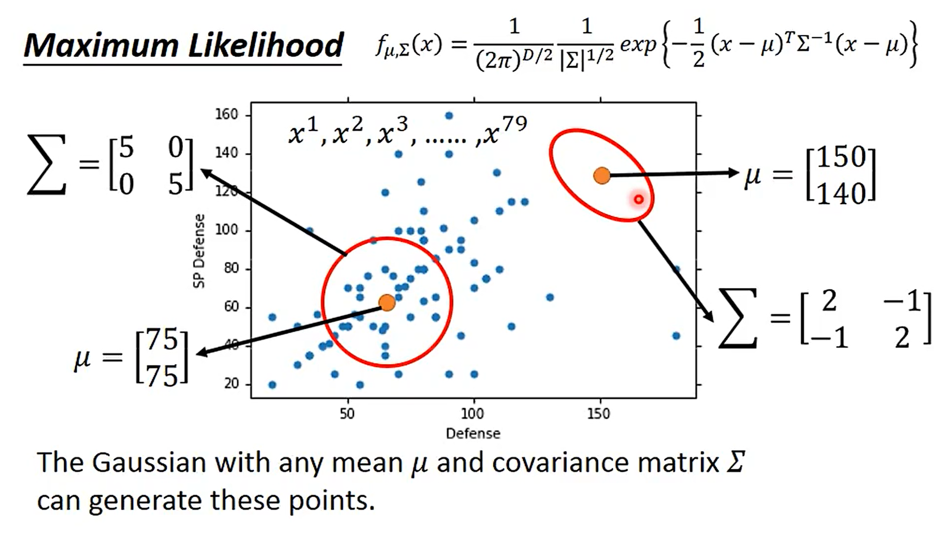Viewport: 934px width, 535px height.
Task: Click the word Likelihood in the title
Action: coord(266,45)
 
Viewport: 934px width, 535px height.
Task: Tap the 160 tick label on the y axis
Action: coord(227,114)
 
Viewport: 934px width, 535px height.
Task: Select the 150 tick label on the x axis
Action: coord(599,413)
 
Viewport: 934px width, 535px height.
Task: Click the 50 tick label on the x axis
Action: coord(347,413)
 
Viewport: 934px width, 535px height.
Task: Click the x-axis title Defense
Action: coord(473,433)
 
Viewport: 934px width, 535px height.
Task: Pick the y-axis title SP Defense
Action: coord(199,251)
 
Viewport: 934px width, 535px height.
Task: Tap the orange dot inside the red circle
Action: coord(387,303)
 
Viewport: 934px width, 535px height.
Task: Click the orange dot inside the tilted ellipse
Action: coord(602,175)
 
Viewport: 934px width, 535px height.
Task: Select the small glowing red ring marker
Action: coord(638,199)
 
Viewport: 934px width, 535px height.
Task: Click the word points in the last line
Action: coord(331,501)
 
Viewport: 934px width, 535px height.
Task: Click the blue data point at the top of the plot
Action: coord(449,116)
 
